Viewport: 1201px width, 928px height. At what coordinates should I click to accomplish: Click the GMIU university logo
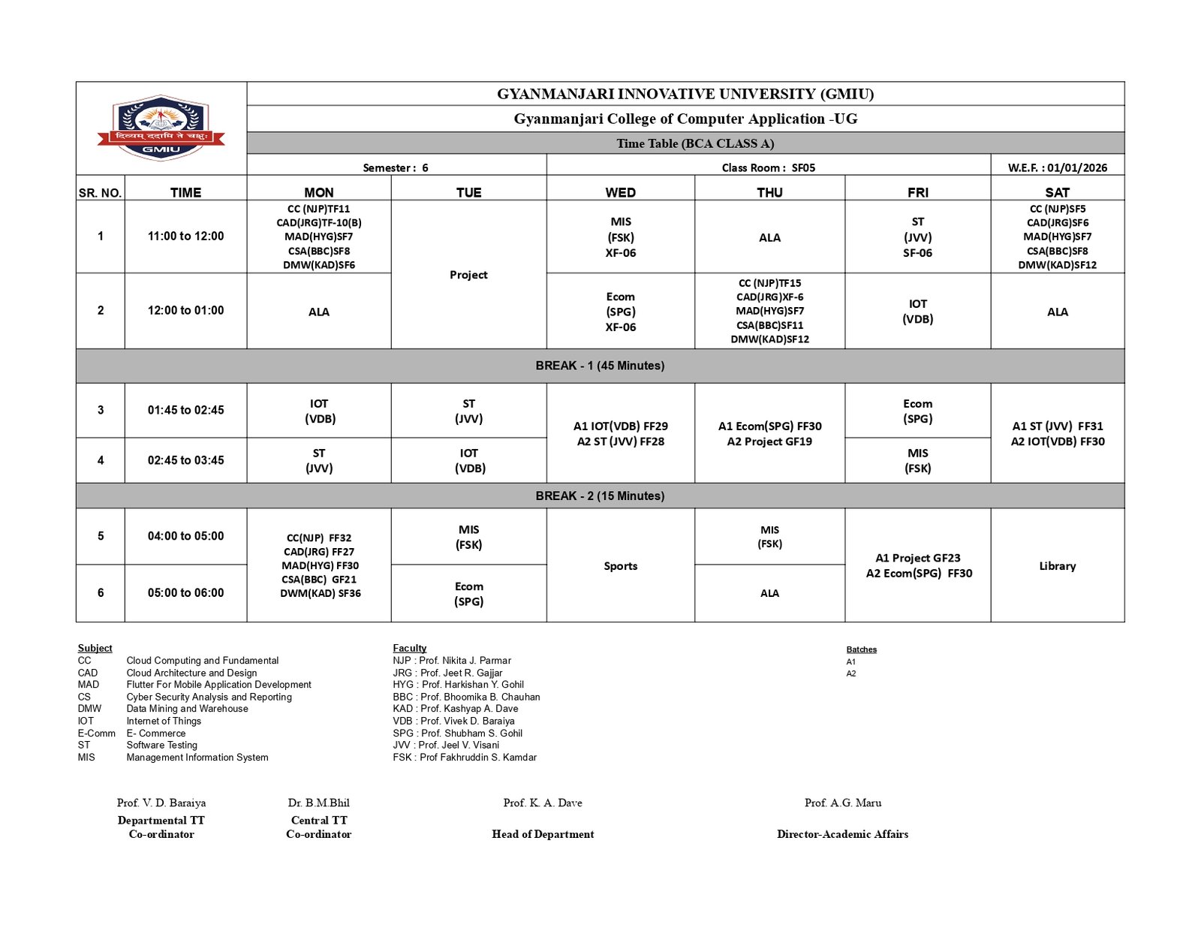tap(161, 128)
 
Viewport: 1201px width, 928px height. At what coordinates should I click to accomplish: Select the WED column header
tap(620, 192)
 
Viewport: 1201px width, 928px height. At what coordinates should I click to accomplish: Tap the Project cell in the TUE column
tap(468, 275)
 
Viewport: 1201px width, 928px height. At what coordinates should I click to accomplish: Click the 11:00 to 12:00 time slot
tap(185, 236)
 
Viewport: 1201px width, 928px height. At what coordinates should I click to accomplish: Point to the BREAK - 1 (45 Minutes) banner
tap(600, 366)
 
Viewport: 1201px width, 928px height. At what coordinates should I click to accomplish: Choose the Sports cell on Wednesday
tap(620, 566)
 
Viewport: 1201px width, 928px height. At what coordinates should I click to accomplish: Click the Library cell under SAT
tap(1057, 566)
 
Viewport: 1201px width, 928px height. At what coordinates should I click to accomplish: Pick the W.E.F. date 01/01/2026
tap(1057, 167)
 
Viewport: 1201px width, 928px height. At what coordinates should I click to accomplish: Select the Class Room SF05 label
tap(768, 167)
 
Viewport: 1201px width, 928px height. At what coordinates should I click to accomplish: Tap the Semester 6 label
tap(396, 167)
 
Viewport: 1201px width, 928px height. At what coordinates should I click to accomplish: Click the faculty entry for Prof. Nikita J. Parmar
tap(452, 661)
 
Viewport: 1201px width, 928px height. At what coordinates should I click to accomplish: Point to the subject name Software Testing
tap(161, 745)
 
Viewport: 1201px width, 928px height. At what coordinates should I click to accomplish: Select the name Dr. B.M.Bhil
tap(318, 803)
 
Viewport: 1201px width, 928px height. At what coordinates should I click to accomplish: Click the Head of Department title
tap(543, 834)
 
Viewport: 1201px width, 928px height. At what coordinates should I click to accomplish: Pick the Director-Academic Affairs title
tap(842, 834)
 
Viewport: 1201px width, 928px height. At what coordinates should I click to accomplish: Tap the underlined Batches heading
tap(861, 649)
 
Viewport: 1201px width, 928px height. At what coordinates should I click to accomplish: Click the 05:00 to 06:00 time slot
tap(185, 592)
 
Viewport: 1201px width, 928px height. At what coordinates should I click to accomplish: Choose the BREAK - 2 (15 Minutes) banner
tap(600, 496)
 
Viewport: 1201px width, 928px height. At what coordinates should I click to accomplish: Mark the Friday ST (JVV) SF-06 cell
tap(917, 237)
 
